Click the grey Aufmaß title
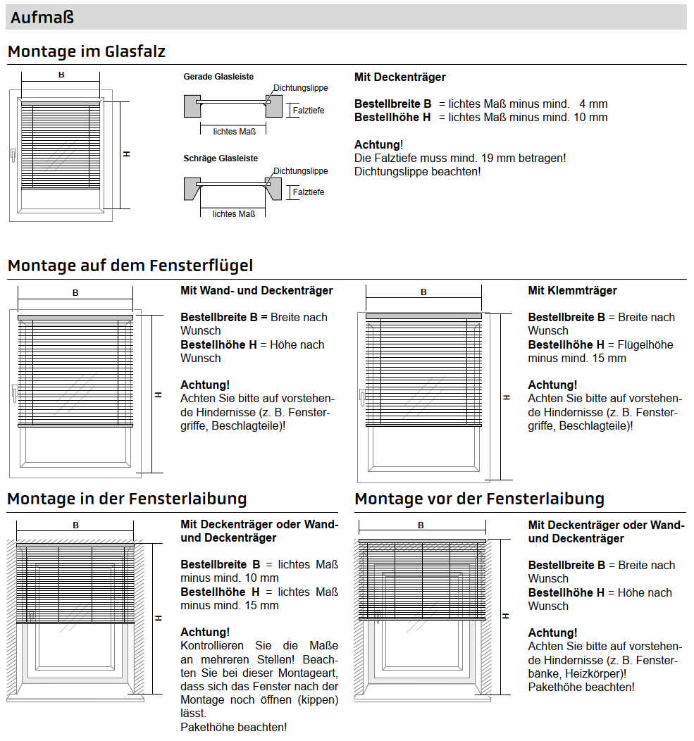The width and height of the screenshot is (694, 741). [x=42, y=18]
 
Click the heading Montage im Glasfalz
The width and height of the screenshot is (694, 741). [x=87, y=51]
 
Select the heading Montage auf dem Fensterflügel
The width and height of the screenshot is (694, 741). [x=130, y=266]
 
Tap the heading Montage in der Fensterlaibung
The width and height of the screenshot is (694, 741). [x=127, y=499]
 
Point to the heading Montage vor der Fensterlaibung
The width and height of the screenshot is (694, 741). [x=479, y=499]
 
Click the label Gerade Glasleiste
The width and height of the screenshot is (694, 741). [x=218, y=77]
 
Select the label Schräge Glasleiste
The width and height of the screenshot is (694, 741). [x=221, y=158]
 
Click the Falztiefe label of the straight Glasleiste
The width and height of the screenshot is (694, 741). [x=308, y=111]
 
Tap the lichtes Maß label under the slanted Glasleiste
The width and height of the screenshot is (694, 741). [x=234, y=214]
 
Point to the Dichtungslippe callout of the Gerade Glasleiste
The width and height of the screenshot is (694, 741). [x=301, y=88]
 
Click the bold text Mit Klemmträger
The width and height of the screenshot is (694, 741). [x=572, y=290]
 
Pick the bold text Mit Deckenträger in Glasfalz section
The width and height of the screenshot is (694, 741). [x=399, y=77]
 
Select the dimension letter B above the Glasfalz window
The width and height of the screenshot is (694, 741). [x=61, y=74]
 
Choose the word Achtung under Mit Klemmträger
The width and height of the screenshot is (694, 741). [x=552, y=385]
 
